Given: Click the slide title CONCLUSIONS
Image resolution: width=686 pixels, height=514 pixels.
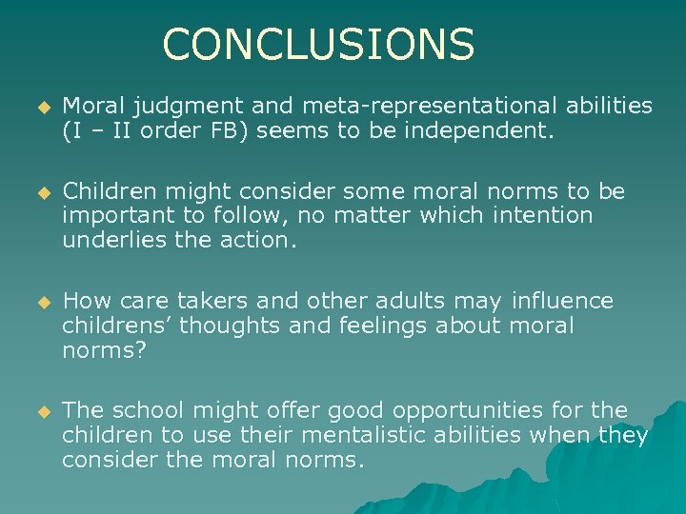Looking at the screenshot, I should click(x=318, y=44).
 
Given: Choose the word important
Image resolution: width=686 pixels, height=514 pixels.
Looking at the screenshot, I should click(x=115, y=216).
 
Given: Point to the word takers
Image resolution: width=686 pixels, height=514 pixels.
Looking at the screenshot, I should click(x=215, y=302).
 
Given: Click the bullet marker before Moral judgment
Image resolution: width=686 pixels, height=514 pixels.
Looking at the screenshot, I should click(x=42, y=107).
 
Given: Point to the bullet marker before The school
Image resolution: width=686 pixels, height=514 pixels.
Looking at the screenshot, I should click(x=42, y=412).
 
